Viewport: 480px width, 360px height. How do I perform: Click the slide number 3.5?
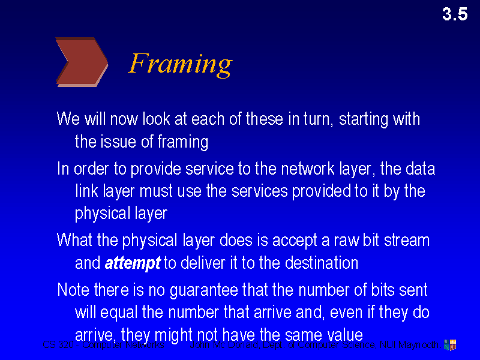(455, 14)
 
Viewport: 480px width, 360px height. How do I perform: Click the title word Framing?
(180, 63)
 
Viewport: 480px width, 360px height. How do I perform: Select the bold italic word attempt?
(133, 263)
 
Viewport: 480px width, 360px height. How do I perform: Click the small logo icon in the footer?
(449, 344)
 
